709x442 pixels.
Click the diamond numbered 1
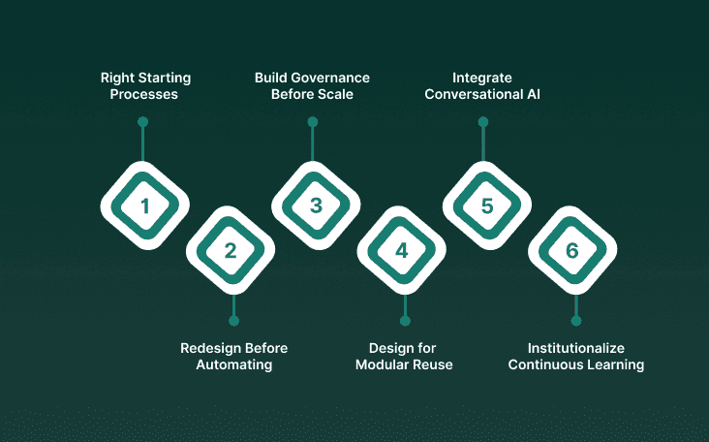click(x=145, y=205)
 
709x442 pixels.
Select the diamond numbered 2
click(x=231, y=250)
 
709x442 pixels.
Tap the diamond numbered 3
click(x=316, y=205)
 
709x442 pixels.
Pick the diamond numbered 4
click(x=401, y=250)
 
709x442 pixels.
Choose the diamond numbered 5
click(x=486, y=205)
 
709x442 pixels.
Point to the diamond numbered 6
click(x=571, y=250)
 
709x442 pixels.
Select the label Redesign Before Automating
click(x=233, y=357)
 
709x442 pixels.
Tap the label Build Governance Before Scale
click(x=312, y=85)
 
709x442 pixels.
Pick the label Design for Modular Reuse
click(x=404, y=357)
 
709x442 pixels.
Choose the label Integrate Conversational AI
click(x=481, y=85)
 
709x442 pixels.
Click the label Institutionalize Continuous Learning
click(x=575, y=357)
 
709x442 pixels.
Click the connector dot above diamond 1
click(x=142, y=122)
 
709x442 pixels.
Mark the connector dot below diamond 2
click(x=233, y=321)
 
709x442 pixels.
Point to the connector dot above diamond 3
click(x=312, y=122)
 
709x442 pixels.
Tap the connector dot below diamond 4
click(x=405, y=321)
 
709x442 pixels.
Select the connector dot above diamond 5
click(x=482, y=122)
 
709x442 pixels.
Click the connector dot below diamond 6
click(x=575, y=321)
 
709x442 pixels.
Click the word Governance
click(x=329, y=77)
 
